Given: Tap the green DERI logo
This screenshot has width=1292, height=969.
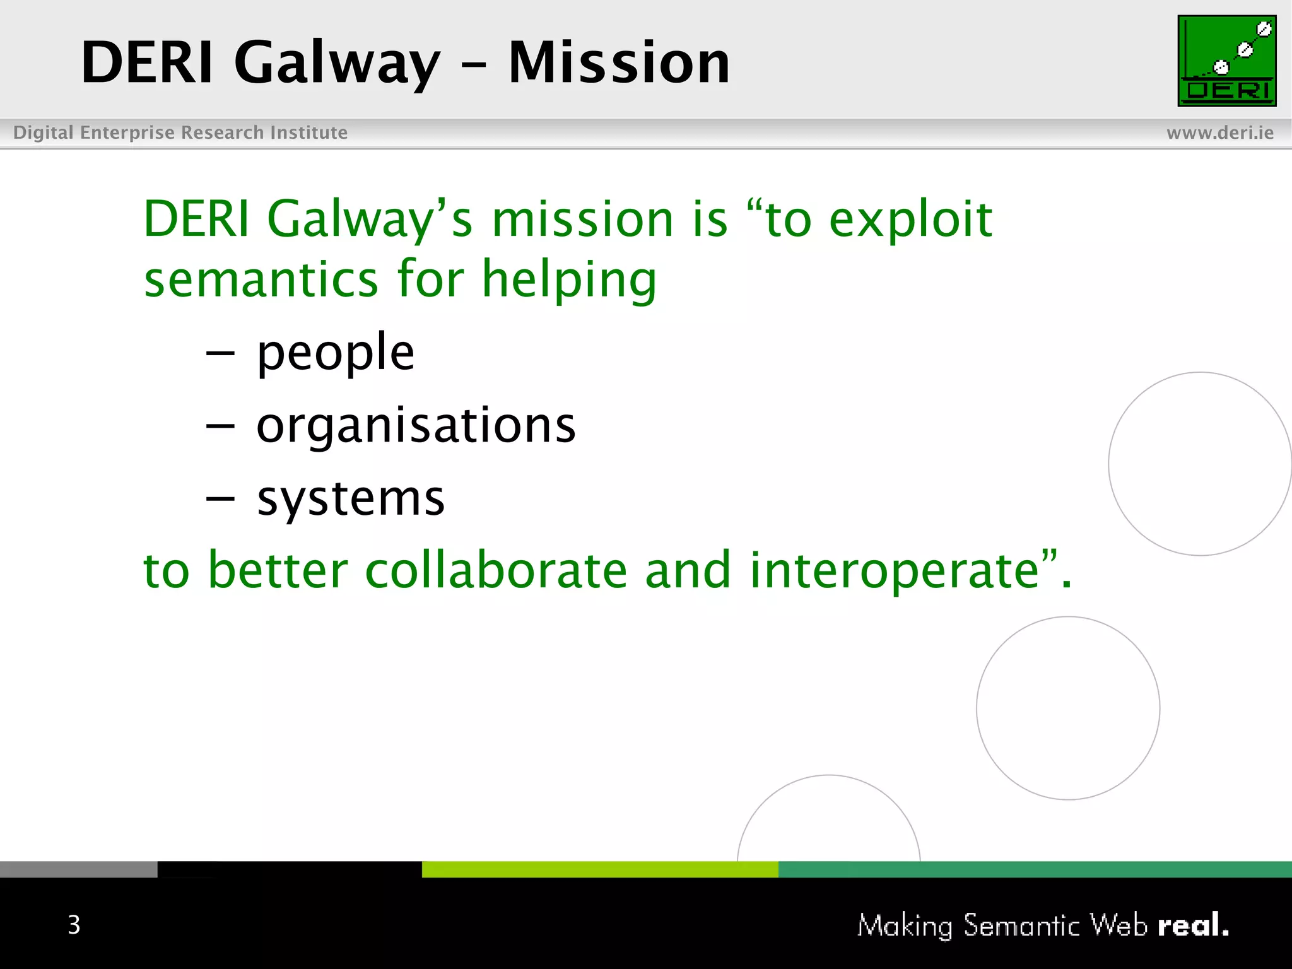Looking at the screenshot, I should click(x=1226, y=61).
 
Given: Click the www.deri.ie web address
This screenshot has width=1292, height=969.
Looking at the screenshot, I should click(x=1219, y=132).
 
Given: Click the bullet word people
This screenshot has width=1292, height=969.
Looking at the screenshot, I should click(x=335, y=353).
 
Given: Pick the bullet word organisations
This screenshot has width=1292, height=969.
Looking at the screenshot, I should click(x=416, y=425).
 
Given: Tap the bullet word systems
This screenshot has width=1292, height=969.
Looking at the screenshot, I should click(x=351, y=498).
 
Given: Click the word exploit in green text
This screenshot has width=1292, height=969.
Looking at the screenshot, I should click(x=910, y=220).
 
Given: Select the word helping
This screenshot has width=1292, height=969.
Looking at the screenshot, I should click(x=569, y=279).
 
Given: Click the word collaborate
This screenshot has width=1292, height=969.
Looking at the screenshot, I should click(x=496, y=570).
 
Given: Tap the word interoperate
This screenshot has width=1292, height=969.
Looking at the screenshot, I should click(x=894, y=570).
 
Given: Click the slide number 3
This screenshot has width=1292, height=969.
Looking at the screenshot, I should click(x=74, y=925).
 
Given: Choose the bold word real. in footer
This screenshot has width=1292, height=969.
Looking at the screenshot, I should click(x=1193, y=925).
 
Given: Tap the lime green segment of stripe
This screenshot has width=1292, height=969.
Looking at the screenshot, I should click(x=599, y=869).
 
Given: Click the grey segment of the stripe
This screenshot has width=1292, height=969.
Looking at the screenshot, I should click(x=78, y=869).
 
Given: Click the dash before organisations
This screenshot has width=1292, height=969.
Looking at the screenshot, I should click(x=220, y=426).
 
